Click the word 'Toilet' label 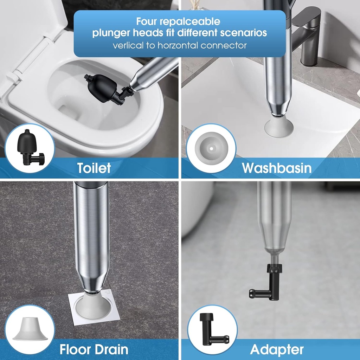[94, 168]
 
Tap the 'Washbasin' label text [276, 168]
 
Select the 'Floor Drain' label [94, 349]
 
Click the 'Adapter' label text [277, 349]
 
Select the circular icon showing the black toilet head [30, 148]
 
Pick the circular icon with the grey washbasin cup [211, 148]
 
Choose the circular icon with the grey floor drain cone [30, 329]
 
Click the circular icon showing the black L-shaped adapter [212, 329]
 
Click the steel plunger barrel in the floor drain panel [91, 239]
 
